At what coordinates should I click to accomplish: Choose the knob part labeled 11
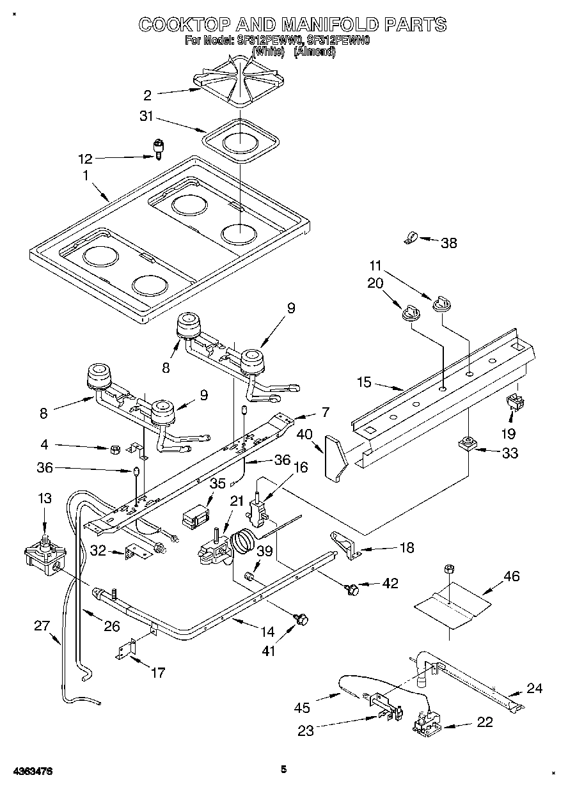tap(440, 302)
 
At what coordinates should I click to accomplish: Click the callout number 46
tap(511, 577)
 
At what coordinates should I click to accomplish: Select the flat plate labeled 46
tap(452, 605)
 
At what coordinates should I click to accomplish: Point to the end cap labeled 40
tap(335, 456)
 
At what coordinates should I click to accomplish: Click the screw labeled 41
tap(301, 618)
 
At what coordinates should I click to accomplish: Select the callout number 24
tap(534, 688)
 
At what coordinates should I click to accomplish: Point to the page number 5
tap(283, 770)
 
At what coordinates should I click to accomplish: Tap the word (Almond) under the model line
tap(314, 52)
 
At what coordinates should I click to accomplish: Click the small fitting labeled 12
tap(157, 148)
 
